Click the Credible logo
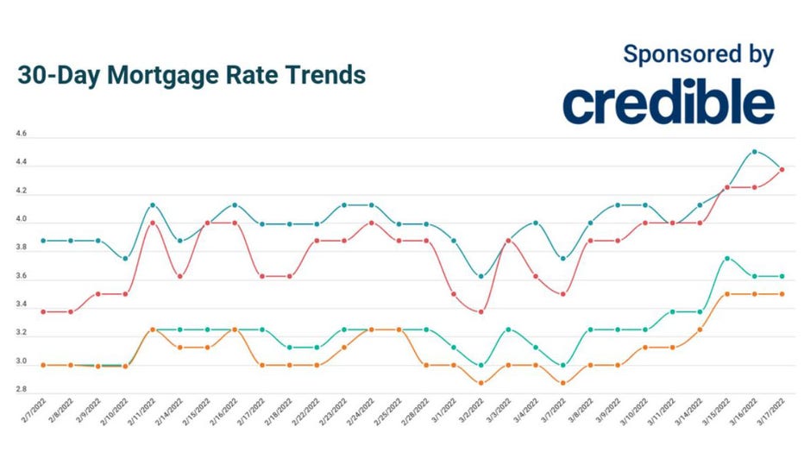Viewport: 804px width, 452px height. point(669,104)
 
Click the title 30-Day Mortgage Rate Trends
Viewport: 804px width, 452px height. point(192,75)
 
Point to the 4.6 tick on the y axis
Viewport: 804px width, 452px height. point(22,135)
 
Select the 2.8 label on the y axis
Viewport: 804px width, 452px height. point(22,390)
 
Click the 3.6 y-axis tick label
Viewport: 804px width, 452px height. point(22,277)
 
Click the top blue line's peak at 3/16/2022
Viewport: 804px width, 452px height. point(755,152)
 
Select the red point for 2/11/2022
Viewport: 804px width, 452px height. point(153,223)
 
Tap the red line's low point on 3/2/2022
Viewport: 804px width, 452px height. point(481,311)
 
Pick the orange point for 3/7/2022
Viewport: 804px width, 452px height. point(563,383)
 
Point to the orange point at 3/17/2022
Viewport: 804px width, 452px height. point(782,294)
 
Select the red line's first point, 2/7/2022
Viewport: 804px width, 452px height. point(44,311)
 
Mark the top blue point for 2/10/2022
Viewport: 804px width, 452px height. point(126,258)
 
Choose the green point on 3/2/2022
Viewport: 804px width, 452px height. point(481,365)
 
